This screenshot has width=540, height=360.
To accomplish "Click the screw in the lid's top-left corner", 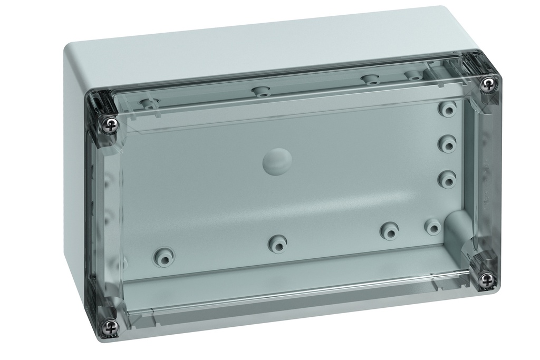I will click(110, 125).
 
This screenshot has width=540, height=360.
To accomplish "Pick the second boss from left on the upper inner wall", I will click(261, 91).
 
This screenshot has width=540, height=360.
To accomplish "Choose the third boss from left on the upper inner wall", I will click(371, 80).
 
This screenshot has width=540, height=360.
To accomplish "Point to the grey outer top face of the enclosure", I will click(253, 42).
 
